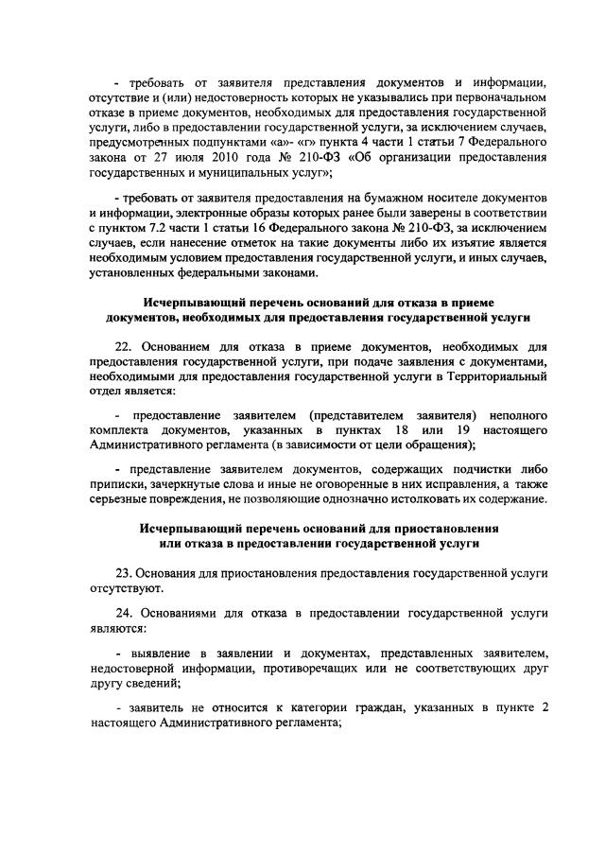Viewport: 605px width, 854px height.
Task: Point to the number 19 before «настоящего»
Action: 463,430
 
